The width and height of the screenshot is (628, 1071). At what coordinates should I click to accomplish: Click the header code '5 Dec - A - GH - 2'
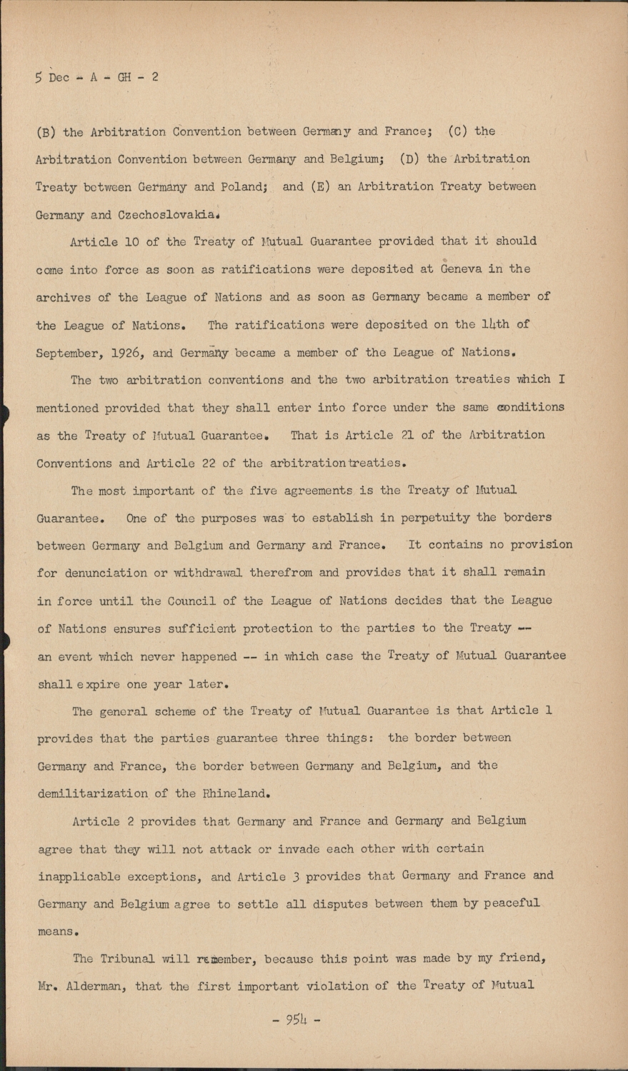(x=96, y=77)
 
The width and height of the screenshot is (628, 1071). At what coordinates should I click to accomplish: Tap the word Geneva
(x=452, y=269)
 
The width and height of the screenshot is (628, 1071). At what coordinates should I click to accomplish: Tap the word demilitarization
(x=93, y=793)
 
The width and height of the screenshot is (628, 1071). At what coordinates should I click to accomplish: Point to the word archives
(x=64, y=297)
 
